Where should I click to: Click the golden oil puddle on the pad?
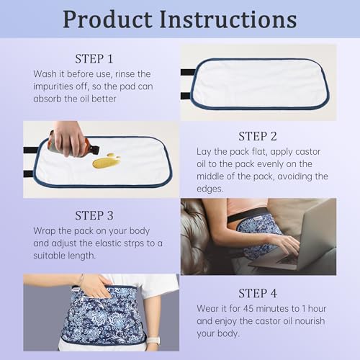point(107,161)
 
